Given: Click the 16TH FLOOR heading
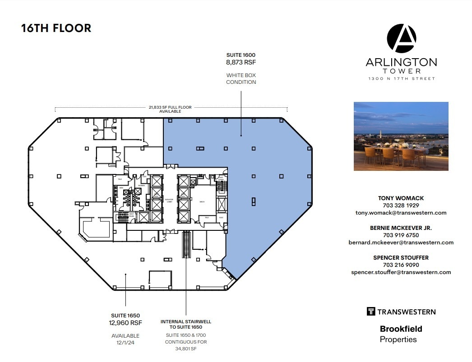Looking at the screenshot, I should (x=56, y=28).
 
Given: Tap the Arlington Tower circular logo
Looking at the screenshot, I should (x=401, y=39).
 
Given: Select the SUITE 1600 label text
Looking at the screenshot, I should (x=241, y=55).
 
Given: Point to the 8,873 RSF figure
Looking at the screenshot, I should (x=241, y=62).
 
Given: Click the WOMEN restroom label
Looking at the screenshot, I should (x=141, y=186).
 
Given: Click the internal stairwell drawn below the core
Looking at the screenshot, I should (x=186, y=244).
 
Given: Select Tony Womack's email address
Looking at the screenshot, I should (x=401, y=213).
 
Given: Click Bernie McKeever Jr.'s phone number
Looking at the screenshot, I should (x=401, y=235).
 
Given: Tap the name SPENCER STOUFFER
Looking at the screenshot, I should (x=401, y=257).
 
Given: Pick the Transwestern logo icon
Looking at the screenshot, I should (x=371, y=312).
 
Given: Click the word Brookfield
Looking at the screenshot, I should (x=401, y=329).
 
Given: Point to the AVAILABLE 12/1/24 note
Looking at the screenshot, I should (x=125, y=339).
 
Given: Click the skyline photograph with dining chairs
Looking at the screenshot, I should (x=401, y=136).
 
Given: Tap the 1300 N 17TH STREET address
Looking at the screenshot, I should (x=401, y=79).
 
